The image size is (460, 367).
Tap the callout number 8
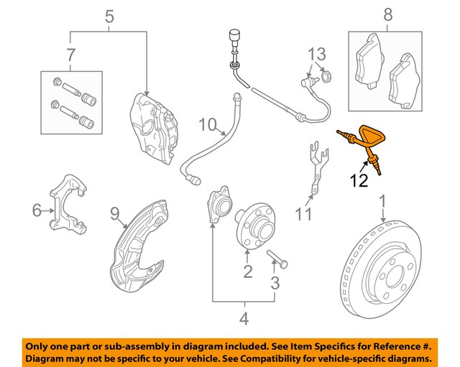pos(387,14)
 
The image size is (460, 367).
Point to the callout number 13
pos(317,54)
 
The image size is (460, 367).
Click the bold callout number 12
pos(359,180)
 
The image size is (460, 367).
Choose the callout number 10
pos(208,126)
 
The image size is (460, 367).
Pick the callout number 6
pos(37,210)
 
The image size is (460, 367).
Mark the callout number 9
pos(114,212)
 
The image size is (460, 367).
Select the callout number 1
pos(382,200)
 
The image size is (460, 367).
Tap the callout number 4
pos(244,319)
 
